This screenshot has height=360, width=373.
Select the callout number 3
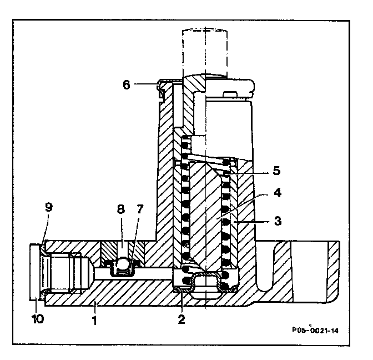pyautogui.click(x=278, y=221)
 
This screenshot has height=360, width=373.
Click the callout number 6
pyautogui.click(x=126, y=85)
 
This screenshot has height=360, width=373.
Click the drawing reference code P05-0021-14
pyautogui.click(x=315, y=331)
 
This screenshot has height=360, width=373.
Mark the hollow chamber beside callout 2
pyautogui.click(x=206, y=287)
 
